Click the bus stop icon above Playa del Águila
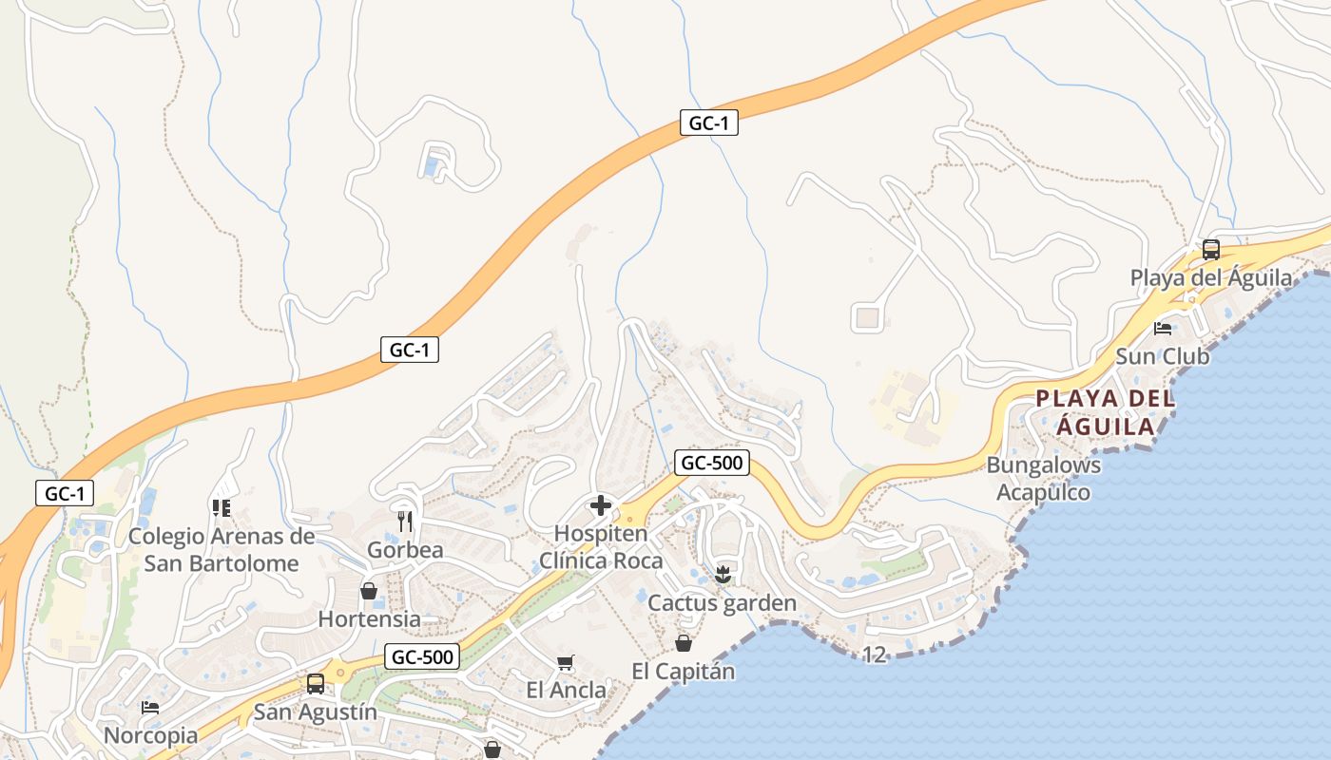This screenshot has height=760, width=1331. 1210,250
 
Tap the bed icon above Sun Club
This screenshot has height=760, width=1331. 1163,329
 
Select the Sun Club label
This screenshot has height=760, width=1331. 1162,356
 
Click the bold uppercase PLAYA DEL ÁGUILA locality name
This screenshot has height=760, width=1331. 1105,412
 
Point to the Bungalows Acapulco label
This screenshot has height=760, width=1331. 1043,479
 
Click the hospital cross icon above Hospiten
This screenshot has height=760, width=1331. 601,505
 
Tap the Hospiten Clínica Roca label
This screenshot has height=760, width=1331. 601,547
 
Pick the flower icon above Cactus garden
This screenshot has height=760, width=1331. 723,574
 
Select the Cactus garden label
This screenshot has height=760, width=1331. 722,603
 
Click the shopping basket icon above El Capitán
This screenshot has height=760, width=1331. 683,643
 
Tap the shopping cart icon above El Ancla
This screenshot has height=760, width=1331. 566,662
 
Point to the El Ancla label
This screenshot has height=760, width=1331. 566,690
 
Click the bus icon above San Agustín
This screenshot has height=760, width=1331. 315,683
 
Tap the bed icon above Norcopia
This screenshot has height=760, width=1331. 150,708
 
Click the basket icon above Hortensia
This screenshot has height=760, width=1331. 369,591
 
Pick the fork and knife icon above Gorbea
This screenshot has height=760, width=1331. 406,522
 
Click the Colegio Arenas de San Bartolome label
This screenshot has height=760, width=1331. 222,549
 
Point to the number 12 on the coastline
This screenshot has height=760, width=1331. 875,654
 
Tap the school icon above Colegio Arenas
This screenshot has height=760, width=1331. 222,508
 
